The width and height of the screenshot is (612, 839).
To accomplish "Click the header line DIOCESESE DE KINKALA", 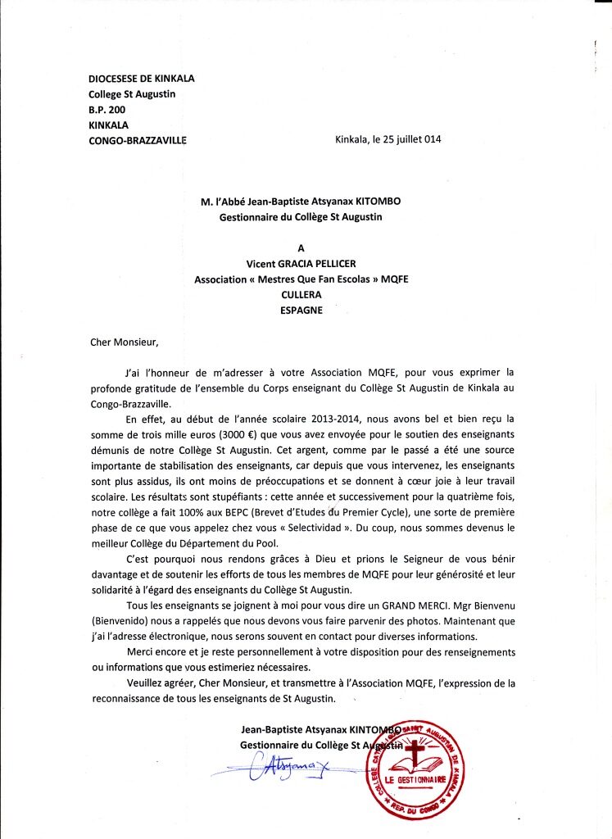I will click(141, 79).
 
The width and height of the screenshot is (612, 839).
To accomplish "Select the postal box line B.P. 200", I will click(107, 109).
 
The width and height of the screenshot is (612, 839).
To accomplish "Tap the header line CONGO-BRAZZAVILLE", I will click(137, 140).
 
